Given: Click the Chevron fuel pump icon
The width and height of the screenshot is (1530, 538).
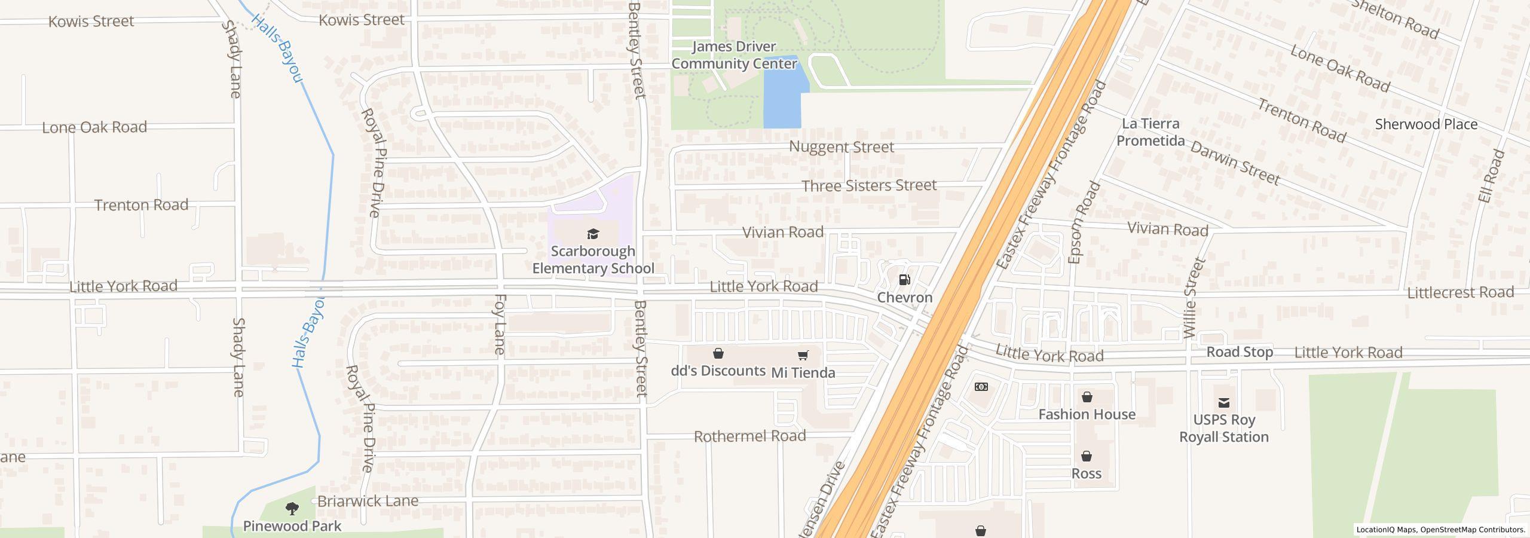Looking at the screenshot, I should (904, 280).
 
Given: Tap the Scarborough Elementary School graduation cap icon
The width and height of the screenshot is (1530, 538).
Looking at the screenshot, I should (593, 234).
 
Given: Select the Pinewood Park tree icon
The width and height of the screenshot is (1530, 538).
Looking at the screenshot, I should (292, 509).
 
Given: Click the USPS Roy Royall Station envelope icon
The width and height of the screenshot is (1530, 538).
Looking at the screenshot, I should (1223, 403).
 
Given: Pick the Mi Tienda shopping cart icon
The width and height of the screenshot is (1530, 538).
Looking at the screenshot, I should (803, 356).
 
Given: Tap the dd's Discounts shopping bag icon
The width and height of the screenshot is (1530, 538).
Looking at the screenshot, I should (718, 354).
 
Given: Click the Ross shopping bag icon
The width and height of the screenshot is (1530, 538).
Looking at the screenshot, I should (1086, 456).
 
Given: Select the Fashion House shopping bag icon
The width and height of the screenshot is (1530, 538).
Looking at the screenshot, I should (1087, 397).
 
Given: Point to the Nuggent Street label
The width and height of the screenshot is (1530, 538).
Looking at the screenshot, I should (841, 147).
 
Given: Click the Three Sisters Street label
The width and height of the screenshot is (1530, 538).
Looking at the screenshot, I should (868, 186).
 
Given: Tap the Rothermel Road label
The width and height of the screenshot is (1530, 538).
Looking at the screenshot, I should (749, 436).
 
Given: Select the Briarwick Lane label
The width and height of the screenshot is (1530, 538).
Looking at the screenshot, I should (368, 501).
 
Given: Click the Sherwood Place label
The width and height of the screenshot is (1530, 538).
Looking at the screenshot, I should (1425, 124).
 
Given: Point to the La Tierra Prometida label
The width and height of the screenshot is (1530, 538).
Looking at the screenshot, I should (1150, 132).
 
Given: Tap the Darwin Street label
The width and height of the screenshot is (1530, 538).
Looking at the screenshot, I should (1235, 163).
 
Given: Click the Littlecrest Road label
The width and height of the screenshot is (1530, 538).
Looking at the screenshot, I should (1459, 292).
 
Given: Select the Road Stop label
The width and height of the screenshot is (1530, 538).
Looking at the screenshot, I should (1239, 352).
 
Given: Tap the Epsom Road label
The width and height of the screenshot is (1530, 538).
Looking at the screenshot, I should (1083, 222).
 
